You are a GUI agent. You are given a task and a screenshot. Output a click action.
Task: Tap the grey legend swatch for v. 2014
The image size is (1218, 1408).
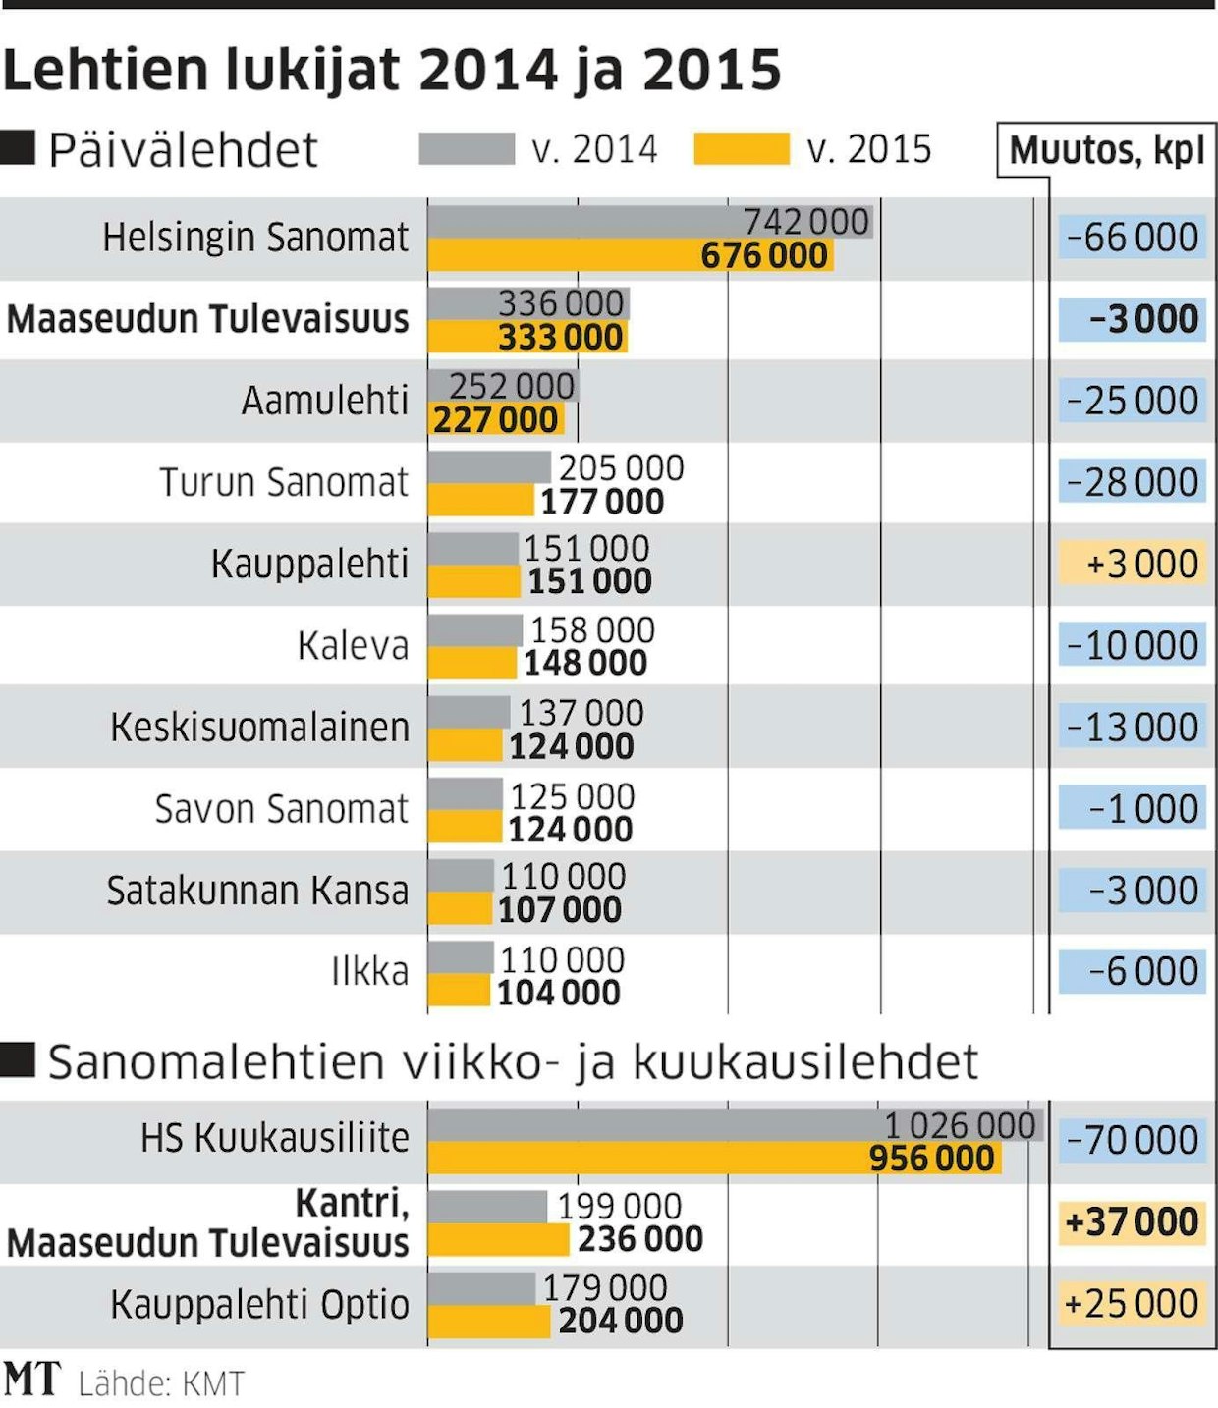(467, 149)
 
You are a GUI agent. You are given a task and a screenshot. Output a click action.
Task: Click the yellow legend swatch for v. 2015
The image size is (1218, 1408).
(742, 149)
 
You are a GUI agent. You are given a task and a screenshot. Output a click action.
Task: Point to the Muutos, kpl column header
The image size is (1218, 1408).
(1107, 150)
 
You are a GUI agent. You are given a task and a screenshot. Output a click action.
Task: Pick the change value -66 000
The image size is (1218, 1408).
(1133, 238)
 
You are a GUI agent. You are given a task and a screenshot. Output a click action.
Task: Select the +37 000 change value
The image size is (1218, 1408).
(1132, 1222)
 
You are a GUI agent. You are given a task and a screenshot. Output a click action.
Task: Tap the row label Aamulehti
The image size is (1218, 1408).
(324, 401)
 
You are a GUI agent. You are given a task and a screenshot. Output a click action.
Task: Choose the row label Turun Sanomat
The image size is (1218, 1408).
(283, 482)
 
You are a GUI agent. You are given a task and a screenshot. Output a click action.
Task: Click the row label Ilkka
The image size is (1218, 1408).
(369, 971)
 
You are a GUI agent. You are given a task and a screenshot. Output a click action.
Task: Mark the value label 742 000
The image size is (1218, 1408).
(805, 222)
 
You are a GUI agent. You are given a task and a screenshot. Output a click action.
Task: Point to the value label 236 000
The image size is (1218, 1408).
(640, 1239)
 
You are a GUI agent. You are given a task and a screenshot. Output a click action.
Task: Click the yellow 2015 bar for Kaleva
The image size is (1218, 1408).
(471, 663)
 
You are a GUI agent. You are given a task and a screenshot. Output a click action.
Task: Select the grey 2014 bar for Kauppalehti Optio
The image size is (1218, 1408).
(481, 1288)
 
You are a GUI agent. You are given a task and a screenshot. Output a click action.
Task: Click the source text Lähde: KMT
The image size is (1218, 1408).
(160, 1383)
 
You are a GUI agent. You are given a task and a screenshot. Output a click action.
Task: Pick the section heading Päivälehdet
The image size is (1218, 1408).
(183, 150)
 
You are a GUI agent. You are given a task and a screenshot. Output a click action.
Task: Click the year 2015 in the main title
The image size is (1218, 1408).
(712, 71)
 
